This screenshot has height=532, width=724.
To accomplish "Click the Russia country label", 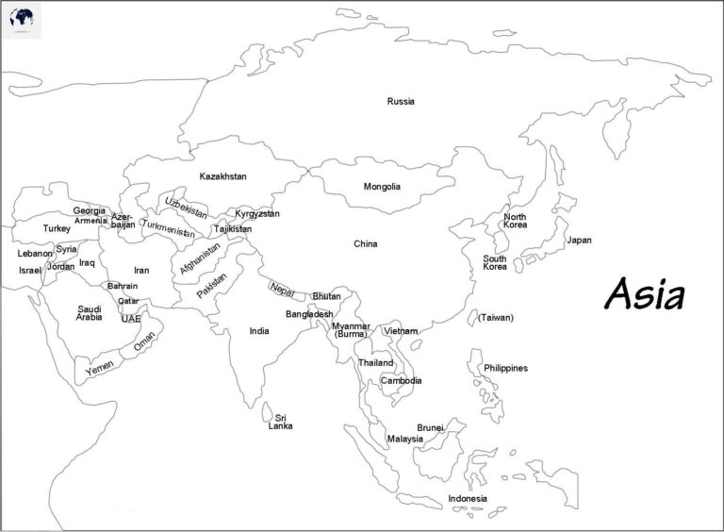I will (401, 101).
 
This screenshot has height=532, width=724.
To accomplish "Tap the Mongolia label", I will (382, 187).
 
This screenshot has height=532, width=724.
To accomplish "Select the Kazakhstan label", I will (222, 176).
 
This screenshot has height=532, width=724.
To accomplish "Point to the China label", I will (365, 244).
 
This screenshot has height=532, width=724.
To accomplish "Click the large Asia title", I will (644, 294).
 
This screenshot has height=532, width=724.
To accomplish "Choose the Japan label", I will (579, 241).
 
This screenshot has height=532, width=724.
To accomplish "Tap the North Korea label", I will (515, 221).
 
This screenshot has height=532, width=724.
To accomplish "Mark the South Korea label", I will (495, 263).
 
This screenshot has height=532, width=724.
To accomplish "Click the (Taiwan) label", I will (496, 318).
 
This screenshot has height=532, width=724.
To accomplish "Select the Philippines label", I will (505, 368).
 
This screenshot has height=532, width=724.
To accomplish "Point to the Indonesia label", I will (468, 498).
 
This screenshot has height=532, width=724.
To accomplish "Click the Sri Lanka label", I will (280, 422).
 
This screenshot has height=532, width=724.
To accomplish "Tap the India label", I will (259, 331).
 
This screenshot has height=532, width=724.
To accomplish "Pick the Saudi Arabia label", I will (90, 313).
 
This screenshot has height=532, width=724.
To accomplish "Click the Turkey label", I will (57, 228).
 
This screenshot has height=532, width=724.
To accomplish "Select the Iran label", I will (141, 271).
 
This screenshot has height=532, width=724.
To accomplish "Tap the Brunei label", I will (430, 427).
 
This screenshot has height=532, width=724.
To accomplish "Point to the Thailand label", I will (375, 363).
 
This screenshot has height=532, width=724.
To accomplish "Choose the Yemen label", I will (99, 369).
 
